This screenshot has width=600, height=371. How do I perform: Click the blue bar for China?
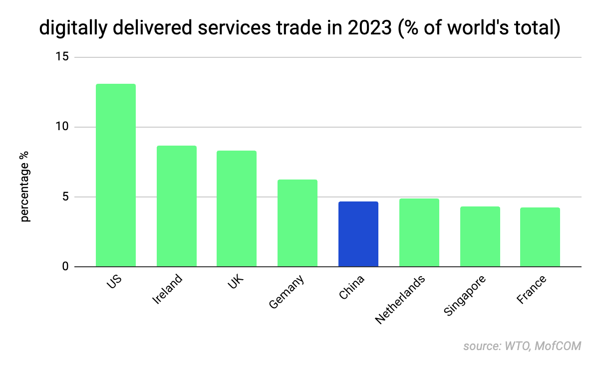358,234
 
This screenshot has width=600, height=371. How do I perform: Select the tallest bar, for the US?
116,175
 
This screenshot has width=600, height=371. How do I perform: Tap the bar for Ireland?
177,206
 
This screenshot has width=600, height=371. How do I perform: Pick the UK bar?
237,208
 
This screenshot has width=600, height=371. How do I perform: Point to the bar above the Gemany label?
298,223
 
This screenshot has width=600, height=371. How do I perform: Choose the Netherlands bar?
419,232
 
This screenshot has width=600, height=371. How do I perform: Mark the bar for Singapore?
480,236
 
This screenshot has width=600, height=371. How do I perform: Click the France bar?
540,237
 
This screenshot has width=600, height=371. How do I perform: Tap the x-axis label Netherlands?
400,299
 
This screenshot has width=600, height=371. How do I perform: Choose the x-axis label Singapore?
464,295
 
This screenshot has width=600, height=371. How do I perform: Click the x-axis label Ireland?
167,289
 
